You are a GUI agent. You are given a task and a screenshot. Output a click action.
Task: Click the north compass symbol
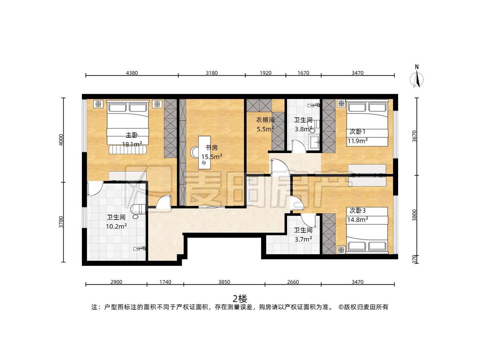coord(416,76)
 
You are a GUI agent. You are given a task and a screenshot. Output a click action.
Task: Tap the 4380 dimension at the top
coord(132,73)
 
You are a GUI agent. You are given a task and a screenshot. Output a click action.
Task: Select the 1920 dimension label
coord(265,73)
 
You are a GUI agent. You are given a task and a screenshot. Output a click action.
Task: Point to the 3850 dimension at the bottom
coord(224,282)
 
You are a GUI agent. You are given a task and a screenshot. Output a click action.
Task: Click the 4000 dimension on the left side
coord(61,139)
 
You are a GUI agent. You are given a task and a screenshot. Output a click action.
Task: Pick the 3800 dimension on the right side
coord(414,215)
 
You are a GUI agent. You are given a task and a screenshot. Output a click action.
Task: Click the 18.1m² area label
coord(132,144)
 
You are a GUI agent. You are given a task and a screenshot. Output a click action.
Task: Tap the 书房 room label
coord(212,148)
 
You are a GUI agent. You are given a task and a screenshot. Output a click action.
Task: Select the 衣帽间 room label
coord(265,120)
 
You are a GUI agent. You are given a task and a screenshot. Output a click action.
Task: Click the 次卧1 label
coord(358,132)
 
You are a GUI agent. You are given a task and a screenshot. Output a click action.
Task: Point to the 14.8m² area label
coord(358,220)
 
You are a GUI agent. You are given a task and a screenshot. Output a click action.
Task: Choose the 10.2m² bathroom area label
coord(116,226)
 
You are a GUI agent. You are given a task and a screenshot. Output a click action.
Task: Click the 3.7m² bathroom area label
coord(303,239)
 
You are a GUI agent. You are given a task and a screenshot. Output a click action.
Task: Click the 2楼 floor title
coord(240,298)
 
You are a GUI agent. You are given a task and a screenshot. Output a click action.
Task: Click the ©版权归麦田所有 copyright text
coord(363,307)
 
